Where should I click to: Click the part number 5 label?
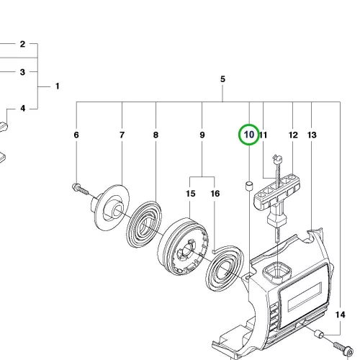click(x=222, y=79)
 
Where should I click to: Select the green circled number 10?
click(x=249, y=135)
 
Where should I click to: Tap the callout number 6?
click(x=76, y=135)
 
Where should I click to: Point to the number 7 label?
click(x=122, y=135)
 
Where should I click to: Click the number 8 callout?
click(x=156, y=135)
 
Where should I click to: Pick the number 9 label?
click(x=202, y=135)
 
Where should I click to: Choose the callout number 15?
click(x=191, y=194)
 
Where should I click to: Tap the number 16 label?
click(x=215, y=194)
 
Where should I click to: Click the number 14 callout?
click(x=341, y=315)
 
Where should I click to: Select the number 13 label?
click(x=312, y=135)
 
